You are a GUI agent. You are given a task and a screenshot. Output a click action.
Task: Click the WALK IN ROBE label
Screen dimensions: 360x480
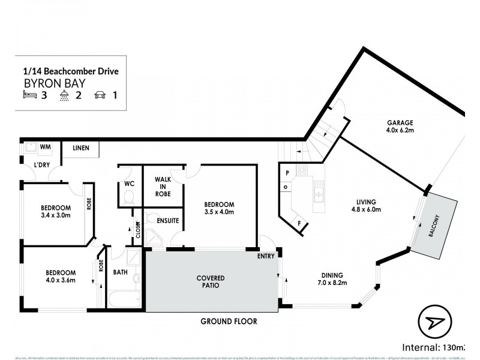click(163, 186)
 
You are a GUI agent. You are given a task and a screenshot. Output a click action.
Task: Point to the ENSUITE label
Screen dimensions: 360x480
click(167, 221)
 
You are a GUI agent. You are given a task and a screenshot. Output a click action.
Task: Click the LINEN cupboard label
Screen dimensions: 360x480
click(81, 148)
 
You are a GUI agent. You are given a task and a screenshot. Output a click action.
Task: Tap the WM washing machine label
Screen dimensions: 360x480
click(44, 146)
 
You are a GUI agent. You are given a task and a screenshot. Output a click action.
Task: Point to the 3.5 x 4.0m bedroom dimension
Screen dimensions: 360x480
click(218, 212)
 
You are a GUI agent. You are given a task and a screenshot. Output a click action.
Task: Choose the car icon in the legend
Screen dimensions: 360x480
click(100, 95)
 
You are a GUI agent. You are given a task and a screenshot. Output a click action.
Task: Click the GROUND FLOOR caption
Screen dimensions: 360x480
click(229, 321)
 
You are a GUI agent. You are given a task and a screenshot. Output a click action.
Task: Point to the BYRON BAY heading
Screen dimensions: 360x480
click(46, 83)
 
